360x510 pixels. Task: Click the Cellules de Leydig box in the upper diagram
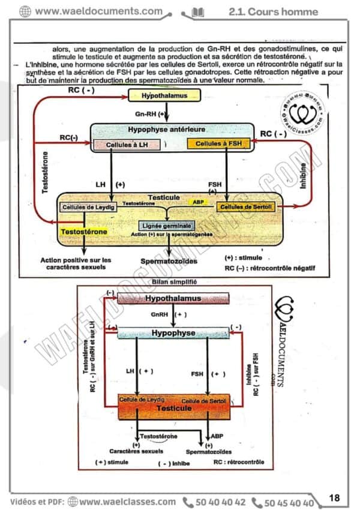(x=88, y=207)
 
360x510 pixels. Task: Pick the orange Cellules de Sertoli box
(x=245, y=207)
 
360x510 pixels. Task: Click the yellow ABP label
(x=198, y=203)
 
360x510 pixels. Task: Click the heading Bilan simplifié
(x=175, y=281)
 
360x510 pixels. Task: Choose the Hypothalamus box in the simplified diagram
(x=173, y=298)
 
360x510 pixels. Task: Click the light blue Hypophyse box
(x=173, y=332)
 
